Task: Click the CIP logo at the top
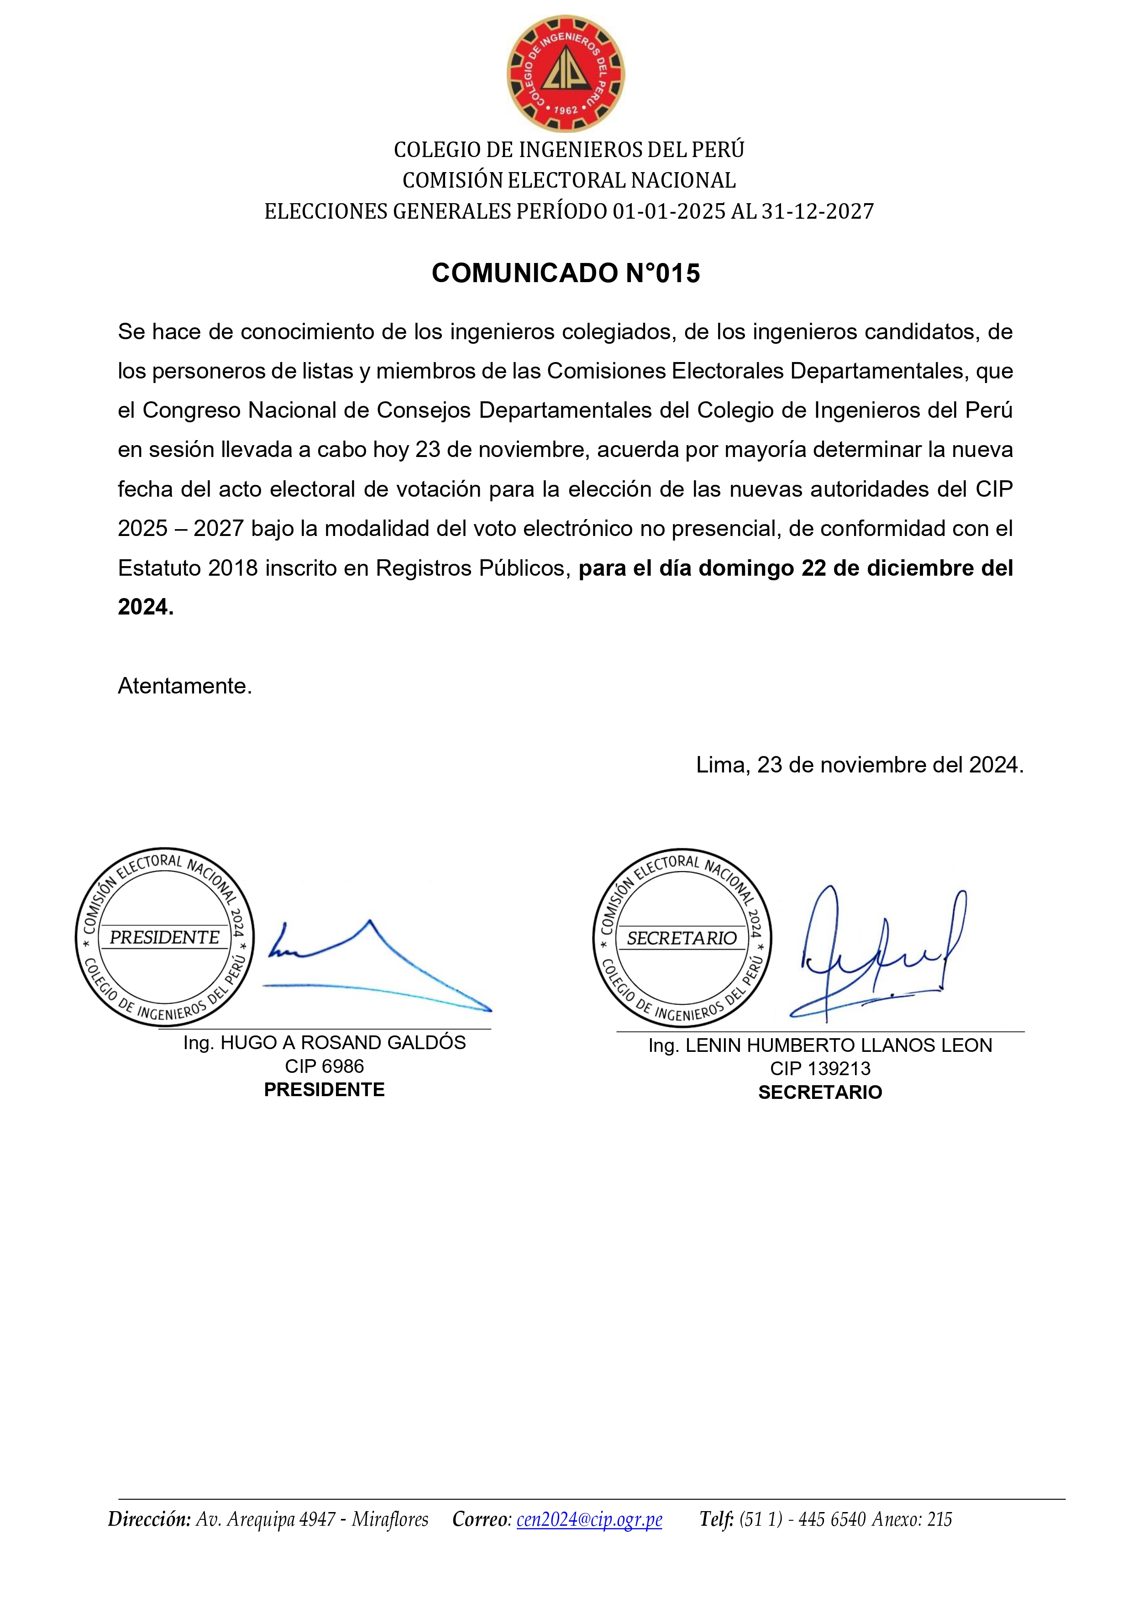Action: tap(565, 74)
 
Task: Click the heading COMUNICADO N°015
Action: tap(566, 273)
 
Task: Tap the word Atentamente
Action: tap(184, 686)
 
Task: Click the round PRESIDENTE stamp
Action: tap(165, 937)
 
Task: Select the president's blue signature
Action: tap(377, 966)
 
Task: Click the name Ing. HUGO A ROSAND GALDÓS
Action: tap(325, 1042)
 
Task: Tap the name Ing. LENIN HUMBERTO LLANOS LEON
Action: tap(820, 1045)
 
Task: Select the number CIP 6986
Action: tap(325, 1066)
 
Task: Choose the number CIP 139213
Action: tap(820, 1068)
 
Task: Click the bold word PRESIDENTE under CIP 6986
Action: tap(325, 1090)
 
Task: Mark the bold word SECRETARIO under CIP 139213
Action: tap(820, 1092)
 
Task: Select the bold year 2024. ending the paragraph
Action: tap(145, 607)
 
